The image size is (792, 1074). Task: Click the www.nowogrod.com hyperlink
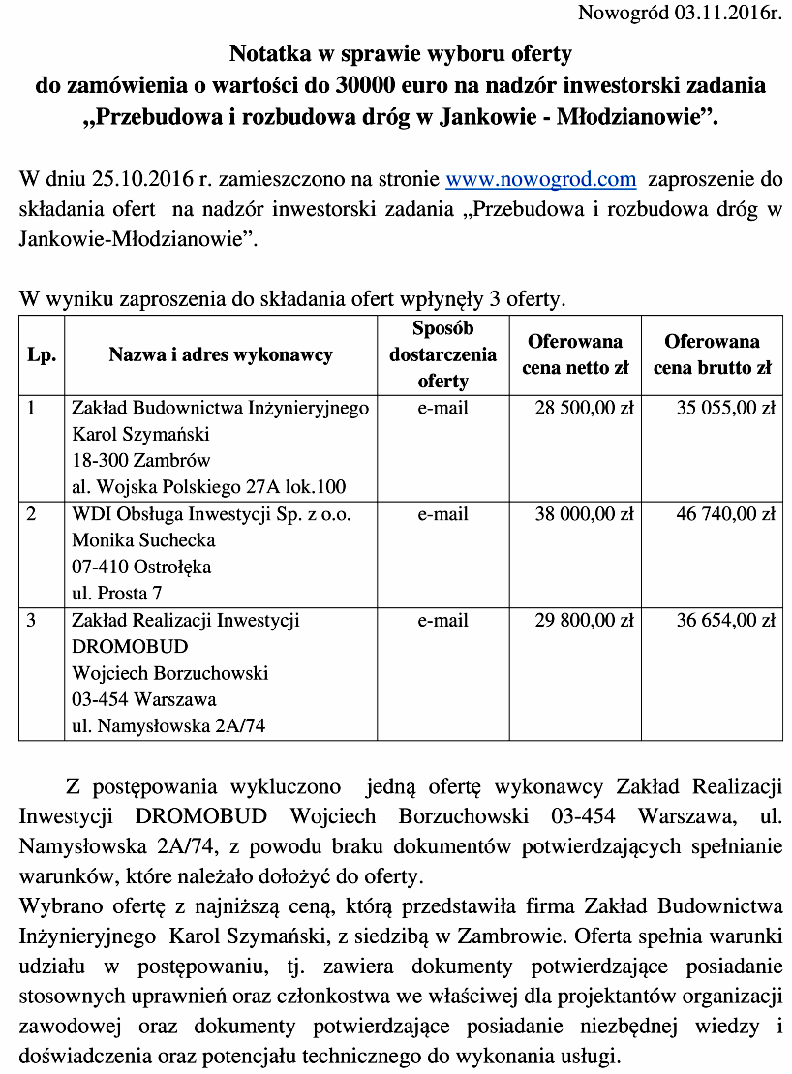(x=540, y=179)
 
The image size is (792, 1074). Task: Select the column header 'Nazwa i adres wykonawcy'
(x=221, y=354)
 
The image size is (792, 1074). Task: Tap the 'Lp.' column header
(x=42, y=354)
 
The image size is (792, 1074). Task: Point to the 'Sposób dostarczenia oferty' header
(x=442, y=354)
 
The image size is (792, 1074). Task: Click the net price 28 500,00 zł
(x=584, y=408)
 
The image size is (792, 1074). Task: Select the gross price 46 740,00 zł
(x=725, y=514)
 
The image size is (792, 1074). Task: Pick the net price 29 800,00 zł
(x=584, y=620)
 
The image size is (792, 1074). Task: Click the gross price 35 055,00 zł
(x=725, y=408)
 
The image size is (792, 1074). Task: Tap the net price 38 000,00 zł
(x=584, y=514)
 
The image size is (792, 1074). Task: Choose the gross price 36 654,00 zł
(x=725, y=620)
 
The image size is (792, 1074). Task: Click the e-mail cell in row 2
(x=442, y=514)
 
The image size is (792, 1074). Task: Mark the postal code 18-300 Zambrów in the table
(x=141, y=460)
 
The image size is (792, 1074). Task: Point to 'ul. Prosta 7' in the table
(x=117, y=593)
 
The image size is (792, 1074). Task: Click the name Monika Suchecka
(x=143, y=540)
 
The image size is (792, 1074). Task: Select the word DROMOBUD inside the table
(x=130, y=646)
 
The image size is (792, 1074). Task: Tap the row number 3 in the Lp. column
(x=31, y=620)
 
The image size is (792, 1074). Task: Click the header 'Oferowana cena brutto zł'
(x=712, y=354)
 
